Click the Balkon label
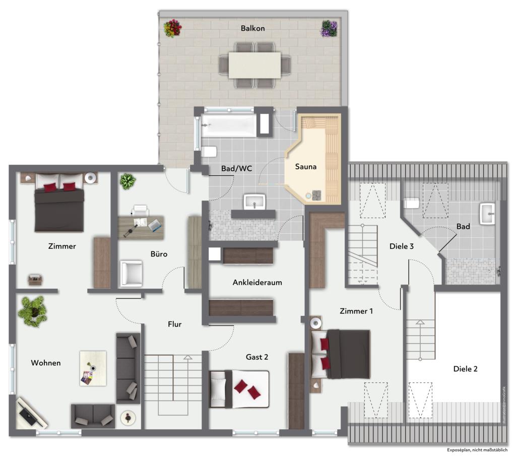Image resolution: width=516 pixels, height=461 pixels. (252, 28)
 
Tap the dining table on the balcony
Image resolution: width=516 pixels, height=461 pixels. (254, 65)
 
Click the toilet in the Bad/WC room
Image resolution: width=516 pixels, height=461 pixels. (209, 151)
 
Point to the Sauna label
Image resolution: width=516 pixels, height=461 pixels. (305, 166)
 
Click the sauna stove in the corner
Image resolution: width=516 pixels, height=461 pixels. (316, 195)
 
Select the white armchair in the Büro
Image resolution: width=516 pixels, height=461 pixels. (131, 273)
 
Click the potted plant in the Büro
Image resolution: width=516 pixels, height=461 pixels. (127, 181)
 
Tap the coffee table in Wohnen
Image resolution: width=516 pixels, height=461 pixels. (93, 368)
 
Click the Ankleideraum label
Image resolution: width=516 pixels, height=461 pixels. (257, 283)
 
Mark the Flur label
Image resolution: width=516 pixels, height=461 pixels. (174, 324)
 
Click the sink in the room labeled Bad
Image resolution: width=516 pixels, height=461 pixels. (488, 214)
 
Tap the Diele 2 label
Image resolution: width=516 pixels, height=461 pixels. (465, 369)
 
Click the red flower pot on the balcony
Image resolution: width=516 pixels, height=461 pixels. (172, 28)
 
